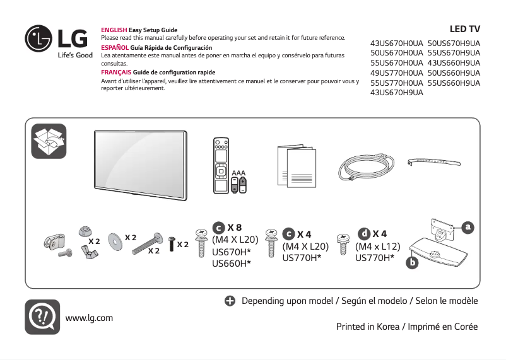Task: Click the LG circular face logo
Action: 38,39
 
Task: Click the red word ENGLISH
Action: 114,30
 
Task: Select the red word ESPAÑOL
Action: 115,48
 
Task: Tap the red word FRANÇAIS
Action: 116,73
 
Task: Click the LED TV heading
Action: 464,29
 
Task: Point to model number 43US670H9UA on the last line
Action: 396,93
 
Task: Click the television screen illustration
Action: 141,165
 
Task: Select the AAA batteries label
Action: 238,172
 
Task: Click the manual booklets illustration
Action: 296,166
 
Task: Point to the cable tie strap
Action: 435,163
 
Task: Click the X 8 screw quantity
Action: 235,228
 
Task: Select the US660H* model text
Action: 232,263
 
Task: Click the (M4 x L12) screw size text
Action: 377,246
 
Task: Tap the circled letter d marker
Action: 364,234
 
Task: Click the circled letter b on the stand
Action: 412,261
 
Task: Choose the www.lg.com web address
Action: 89,318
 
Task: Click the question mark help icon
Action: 42,316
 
